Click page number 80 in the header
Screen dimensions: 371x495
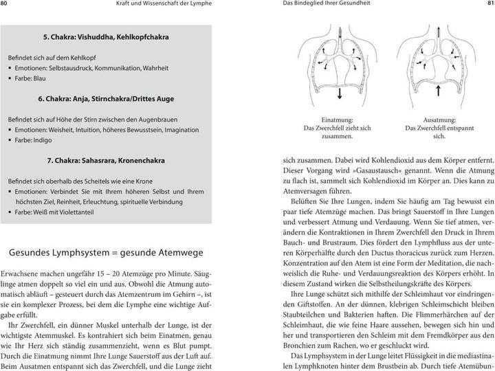click(7, 5)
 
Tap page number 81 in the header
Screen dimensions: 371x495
click(487, 5)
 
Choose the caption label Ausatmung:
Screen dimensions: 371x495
click(430, 119)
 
